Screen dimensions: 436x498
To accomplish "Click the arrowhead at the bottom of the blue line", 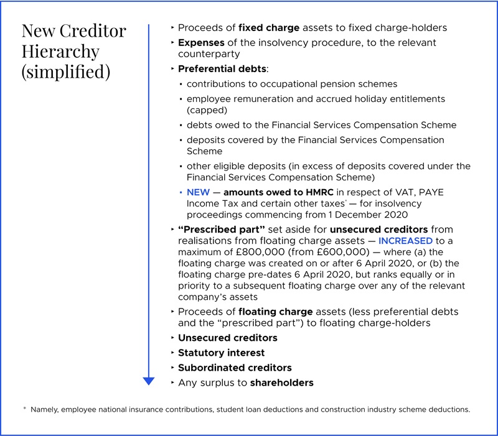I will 148,380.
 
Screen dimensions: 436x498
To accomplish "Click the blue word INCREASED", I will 405,240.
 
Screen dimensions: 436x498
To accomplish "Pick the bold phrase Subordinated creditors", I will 235,368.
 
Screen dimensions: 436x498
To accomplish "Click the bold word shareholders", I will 281,383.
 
